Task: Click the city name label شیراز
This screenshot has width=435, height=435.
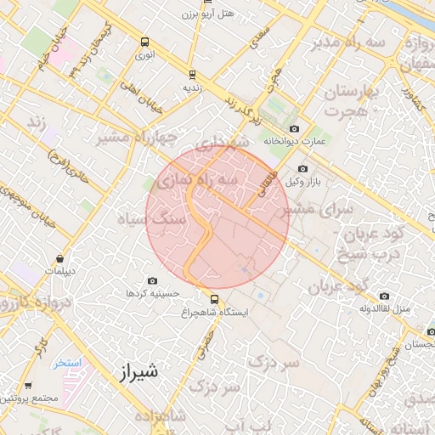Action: pos(135,371)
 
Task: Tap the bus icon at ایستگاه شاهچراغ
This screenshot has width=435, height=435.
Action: pos(213,298)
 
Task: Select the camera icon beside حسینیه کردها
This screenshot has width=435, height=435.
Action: pos(152,280)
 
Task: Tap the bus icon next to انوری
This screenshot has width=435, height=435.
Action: pos(145,41)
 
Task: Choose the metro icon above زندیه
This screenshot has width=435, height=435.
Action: pos(193,74)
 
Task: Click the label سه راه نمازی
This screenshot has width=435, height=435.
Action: pos(196,181)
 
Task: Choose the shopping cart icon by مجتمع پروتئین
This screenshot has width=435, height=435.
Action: pos(28,385)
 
